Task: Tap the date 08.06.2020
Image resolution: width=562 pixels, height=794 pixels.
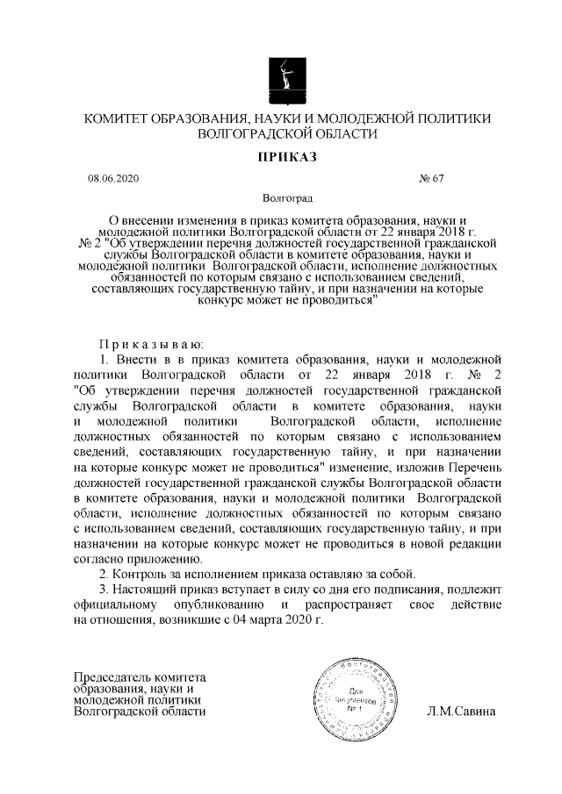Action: click(x=112, y=179)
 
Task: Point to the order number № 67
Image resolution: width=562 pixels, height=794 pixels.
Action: click(x=433, y=179)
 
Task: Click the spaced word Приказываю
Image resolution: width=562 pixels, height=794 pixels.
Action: click(x=150, y=343)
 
